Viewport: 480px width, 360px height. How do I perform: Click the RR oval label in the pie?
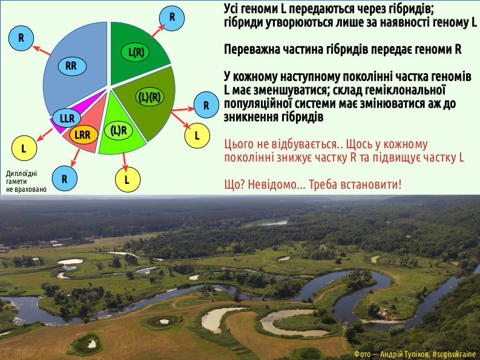pos(72,66)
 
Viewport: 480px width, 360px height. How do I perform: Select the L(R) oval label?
pos(135,53)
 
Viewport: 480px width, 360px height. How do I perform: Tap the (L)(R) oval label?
pos(150,97)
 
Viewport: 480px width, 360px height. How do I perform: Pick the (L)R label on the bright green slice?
pos(119,131)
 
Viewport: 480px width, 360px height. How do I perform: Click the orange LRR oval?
pos(84,134)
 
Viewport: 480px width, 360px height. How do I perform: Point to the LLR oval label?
pos(67,118)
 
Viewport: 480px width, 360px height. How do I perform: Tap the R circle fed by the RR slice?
pos(21,38)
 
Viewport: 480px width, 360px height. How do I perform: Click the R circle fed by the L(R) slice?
pos(172,18)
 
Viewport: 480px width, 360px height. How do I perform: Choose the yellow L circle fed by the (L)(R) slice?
pos(197,136)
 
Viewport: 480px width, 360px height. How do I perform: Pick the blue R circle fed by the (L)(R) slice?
pos(206,105)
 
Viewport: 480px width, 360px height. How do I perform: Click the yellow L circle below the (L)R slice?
pos(128,180)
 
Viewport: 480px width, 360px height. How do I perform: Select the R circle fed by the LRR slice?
pos(65,178)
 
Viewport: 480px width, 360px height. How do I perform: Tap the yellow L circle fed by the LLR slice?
pos(24,148)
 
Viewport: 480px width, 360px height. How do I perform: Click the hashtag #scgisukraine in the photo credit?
pos(454,354)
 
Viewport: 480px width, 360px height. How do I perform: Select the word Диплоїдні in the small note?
pos(21,174)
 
